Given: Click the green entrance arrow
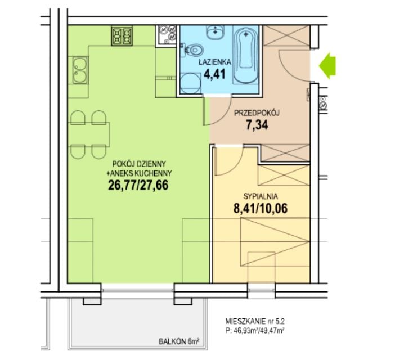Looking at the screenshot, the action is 327,66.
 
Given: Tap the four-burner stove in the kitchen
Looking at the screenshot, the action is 122,36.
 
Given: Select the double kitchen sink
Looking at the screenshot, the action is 80,70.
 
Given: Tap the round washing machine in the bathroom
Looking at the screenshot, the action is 191,83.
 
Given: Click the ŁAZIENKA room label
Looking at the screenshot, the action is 215,62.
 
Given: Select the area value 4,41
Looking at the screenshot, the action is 215,74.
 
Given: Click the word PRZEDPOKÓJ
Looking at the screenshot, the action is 257,113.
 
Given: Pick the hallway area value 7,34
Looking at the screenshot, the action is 257,125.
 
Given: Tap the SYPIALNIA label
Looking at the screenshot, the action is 261,196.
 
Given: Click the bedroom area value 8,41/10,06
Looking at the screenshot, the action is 261,209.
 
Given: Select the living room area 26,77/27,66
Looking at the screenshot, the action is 138,186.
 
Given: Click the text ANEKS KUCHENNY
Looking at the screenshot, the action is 141,173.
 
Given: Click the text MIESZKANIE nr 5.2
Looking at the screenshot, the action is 255,321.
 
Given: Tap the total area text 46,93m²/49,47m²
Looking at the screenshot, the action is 258,330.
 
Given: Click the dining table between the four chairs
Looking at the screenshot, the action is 89,134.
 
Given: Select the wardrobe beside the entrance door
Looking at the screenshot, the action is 286,35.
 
